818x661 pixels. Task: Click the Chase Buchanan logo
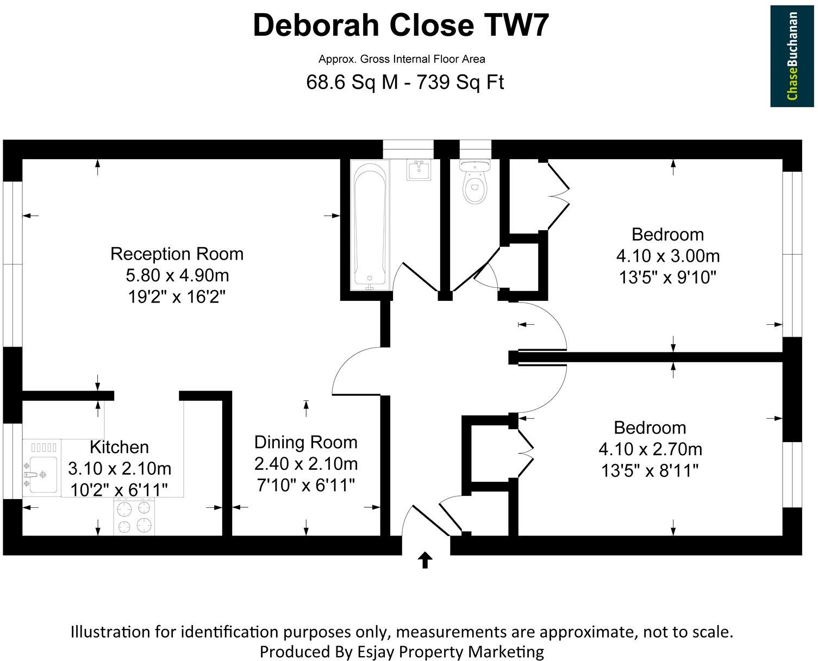coord(792,56)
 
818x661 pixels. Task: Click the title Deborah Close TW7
coord(401,26)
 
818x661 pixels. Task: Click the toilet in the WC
coord(475,181)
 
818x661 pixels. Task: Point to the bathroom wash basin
coord(419,170)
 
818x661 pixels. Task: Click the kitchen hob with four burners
coord(134,516)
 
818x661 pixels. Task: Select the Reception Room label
coord(177,254)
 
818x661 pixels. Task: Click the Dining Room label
coord(305,442)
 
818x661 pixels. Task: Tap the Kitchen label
coord(119,448)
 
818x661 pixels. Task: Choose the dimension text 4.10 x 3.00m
coord(668,256)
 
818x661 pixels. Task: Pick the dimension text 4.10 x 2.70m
coord(650,449)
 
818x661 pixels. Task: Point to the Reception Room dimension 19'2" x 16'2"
coord(177,297)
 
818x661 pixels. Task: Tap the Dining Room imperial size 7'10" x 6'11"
coord(305,486)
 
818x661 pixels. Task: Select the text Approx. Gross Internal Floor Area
coord(402,59)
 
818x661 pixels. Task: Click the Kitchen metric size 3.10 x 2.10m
coord(120,468)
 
